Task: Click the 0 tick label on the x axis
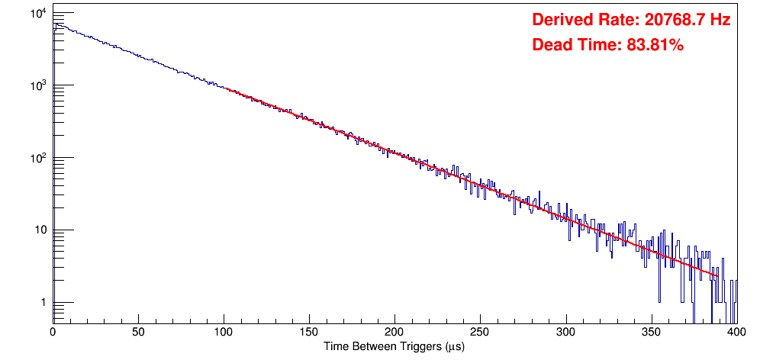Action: [53, 333]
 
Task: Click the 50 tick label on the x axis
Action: [138, 333]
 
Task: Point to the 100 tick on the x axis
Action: [224, 333]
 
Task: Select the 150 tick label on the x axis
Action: [309, 333]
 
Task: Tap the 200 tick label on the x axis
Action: [394, 333]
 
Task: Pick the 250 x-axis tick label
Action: [480, 333]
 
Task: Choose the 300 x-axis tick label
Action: [565, 333]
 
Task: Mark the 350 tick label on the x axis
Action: [651, 333]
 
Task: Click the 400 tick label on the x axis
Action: [736, 333]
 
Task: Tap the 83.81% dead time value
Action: [655, 46]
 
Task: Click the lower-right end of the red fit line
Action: [717, 276]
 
